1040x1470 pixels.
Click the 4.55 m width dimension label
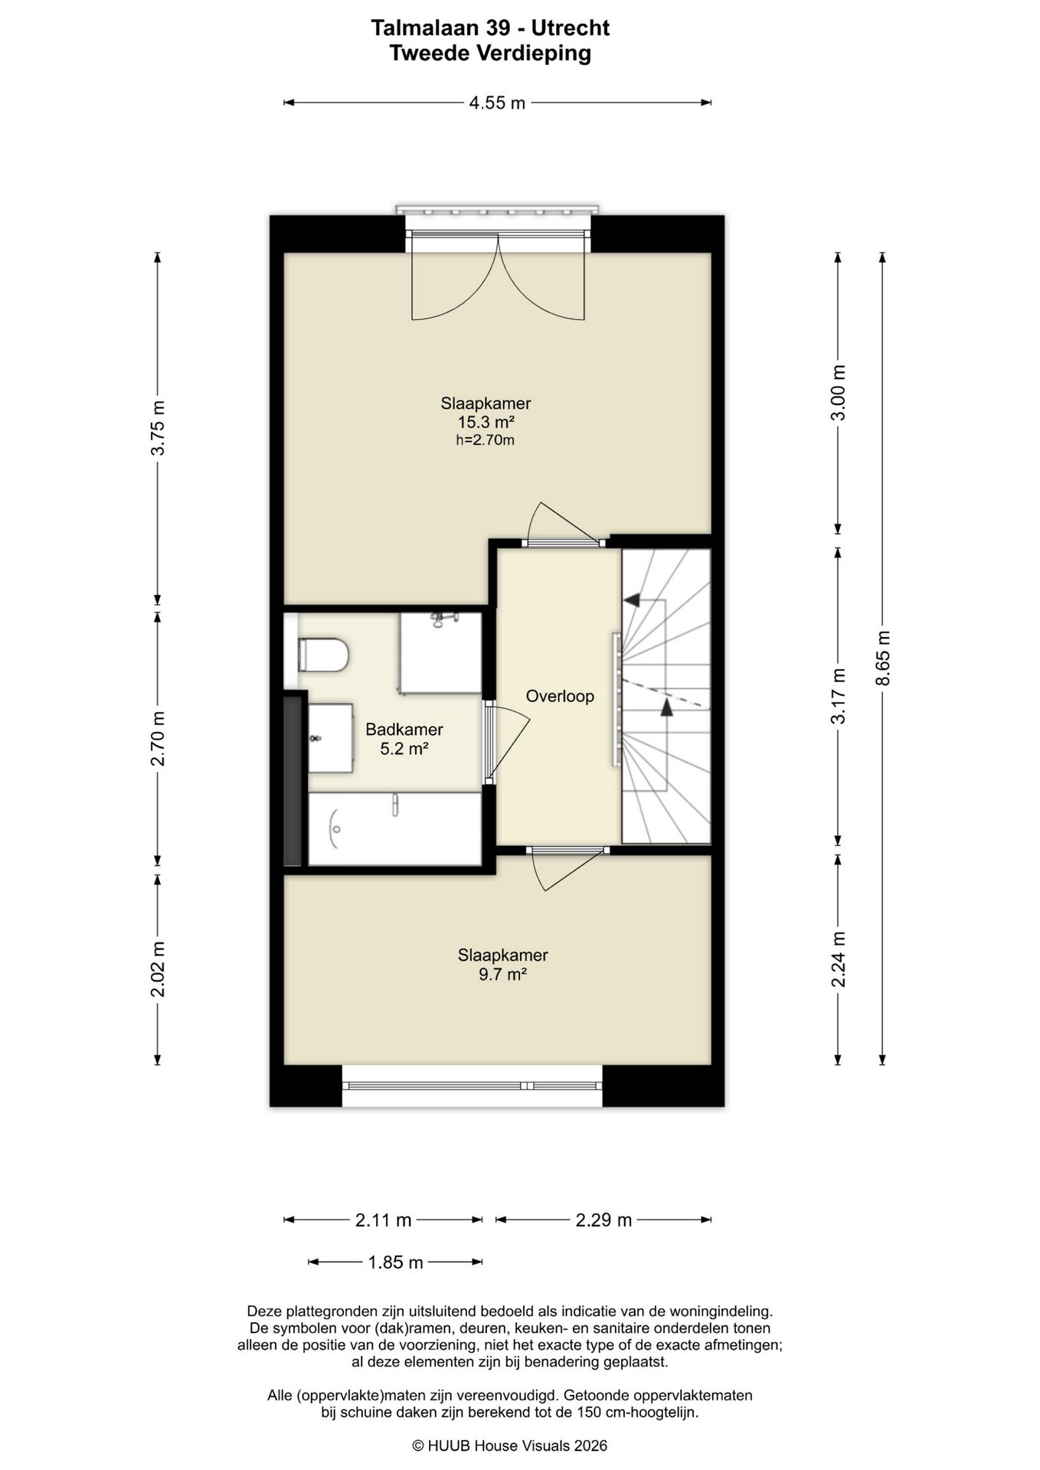coord(497,103)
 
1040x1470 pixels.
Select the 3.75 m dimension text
coord(158,428)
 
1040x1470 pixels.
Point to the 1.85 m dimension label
coord(395,1263)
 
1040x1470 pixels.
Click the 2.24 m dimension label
coord(839,959)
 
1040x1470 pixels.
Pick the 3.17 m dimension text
coord(839,696)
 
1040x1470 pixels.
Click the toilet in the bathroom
coord(323,655)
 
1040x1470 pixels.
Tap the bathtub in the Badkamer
coord(394,829)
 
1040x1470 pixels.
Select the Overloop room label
coord(560,696)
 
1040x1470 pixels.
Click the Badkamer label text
coord(404,730)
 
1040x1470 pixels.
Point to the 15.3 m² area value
coord(486,422)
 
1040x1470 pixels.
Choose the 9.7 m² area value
coord(502,975)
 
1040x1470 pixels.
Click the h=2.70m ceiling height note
coord(486,440)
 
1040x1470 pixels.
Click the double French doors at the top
coord(498,277)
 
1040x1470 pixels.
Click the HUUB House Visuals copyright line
coord(510,1445)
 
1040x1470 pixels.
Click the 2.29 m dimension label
coord(603,1220)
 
